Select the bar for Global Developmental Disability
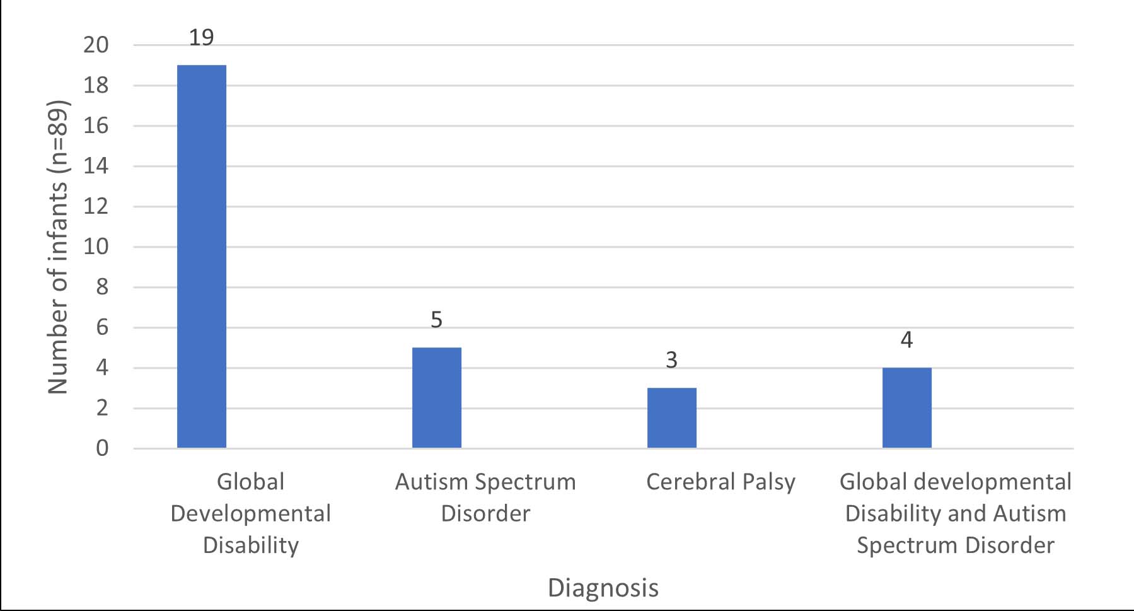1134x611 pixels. tap(202, 256)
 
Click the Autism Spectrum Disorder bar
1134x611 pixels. tap(436, 397)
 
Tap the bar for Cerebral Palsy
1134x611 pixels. tap(671, 417)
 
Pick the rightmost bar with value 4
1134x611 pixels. tap(906, 407)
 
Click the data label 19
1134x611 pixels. tap(202, 38)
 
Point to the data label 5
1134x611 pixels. tap(436, 320)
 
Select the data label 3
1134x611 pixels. tap(671, 360)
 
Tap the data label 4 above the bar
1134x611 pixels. tap(906, 340)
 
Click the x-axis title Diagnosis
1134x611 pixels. tap(603, 588)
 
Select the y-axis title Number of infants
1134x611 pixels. tap(58, 247)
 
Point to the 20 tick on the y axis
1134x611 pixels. tap(96, 45)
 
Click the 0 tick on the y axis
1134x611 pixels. tap(102, 448)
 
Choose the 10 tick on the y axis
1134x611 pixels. tap(96, 247)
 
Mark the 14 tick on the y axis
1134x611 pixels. tap(96, 166)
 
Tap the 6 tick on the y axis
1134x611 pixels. tap(102, 327)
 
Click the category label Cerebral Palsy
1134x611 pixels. tap(720, 482)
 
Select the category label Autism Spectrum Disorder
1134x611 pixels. tap(485, 497)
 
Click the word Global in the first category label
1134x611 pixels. tap(250, 482)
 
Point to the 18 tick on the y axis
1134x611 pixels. tap(96, 86)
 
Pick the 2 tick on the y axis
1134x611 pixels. tap(102, 408)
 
